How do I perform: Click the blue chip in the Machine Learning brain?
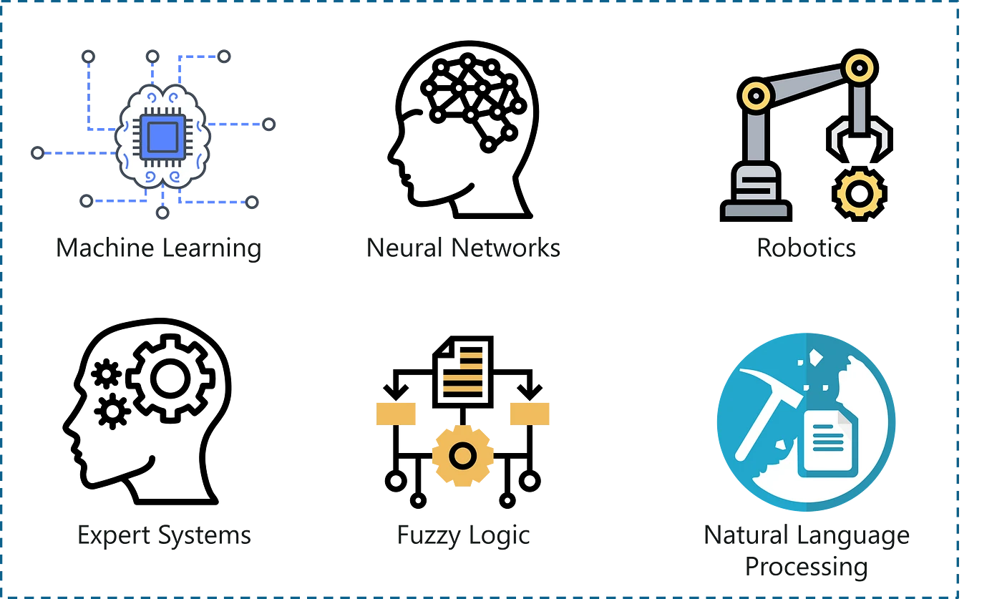pos(162,137)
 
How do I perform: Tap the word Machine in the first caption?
pos(105,248)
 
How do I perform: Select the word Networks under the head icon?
pos(505,248)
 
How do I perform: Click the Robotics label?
pos(806,248)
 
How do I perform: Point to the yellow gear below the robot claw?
pos(859,193)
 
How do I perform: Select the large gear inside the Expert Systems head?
pos(170,379)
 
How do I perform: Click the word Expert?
pos(114,536)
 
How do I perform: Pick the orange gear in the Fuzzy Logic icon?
pos(462,455)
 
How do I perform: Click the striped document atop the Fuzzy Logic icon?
pos(463,371)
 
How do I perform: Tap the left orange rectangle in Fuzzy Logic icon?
pos(396,414)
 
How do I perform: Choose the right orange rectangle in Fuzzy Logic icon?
pos(530,414)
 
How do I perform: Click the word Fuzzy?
pos(429,536)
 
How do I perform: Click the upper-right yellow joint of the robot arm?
pos(860,69)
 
